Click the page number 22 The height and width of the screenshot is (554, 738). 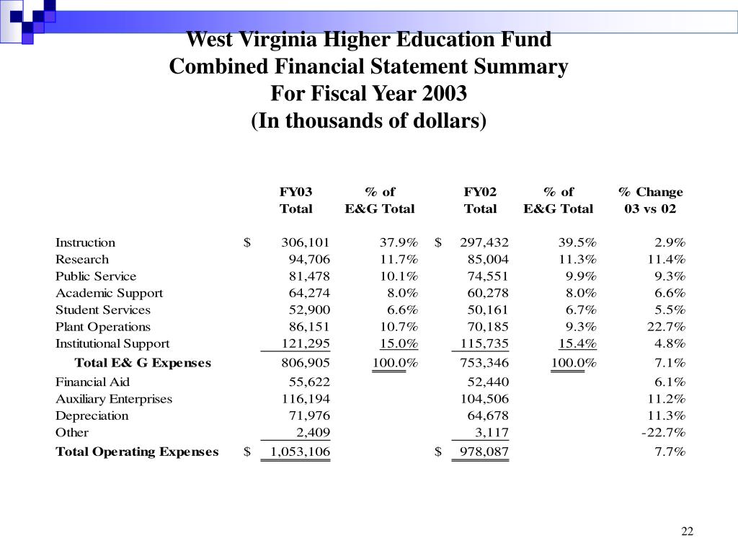687,532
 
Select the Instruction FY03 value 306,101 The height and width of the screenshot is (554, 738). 306,242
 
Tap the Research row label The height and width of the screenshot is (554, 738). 82,260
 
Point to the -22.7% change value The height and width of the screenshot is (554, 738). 663,433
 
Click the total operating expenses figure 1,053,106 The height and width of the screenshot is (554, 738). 300,452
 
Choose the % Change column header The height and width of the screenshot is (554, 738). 650,192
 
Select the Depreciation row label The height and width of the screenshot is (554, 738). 92,416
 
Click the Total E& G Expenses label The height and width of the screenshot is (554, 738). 143,363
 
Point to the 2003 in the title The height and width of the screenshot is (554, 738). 445,94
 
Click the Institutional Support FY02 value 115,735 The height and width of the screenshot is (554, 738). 484,344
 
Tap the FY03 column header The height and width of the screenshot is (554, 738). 295,192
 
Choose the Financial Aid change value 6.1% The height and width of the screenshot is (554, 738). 669,382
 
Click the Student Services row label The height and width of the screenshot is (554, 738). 103,310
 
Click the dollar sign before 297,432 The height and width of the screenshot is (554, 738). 438,242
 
